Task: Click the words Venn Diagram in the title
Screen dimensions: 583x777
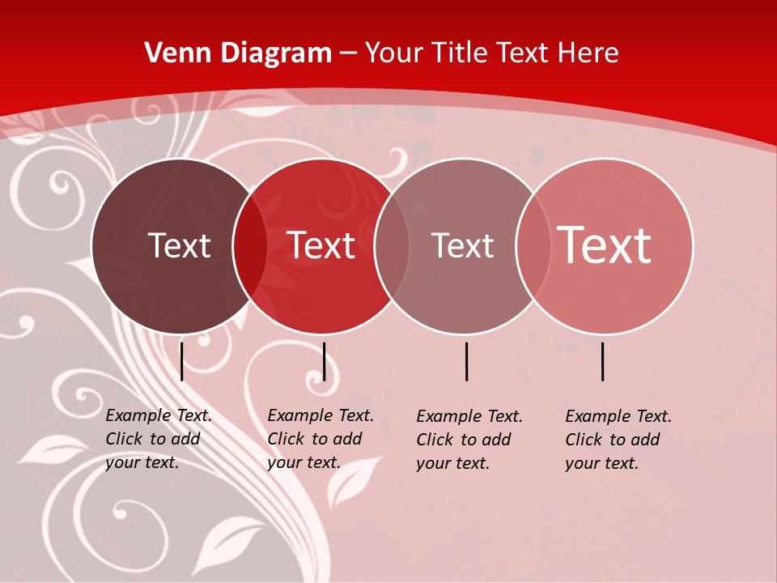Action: [238, 53]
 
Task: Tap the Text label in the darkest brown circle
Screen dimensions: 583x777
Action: [179, 246]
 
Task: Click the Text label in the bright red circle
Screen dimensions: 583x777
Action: [321, 246]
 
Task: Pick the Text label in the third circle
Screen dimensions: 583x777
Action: [462, 246]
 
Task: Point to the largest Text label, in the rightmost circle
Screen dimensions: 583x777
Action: [605, 245]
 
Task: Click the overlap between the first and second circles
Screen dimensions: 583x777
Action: [250, 246]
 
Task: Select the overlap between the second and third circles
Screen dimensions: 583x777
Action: [392, 246]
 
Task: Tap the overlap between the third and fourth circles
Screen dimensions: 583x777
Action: [533, 246]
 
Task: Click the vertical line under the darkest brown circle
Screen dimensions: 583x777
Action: [182, 361]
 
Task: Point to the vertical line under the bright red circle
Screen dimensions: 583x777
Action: [324, 361]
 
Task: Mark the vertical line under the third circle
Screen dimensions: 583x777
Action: [466, 361]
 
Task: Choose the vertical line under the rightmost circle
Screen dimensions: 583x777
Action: [603, 361]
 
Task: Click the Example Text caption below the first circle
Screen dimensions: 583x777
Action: [158, 439]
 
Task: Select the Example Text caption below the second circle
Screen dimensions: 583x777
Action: [320, 439]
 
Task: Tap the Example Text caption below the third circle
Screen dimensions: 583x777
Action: [469, 440]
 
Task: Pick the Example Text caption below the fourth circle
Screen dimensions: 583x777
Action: [618, 440]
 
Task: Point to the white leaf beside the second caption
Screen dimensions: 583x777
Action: [357, 481]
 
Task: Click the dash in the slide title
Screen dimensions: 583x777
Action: [348, 54]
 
